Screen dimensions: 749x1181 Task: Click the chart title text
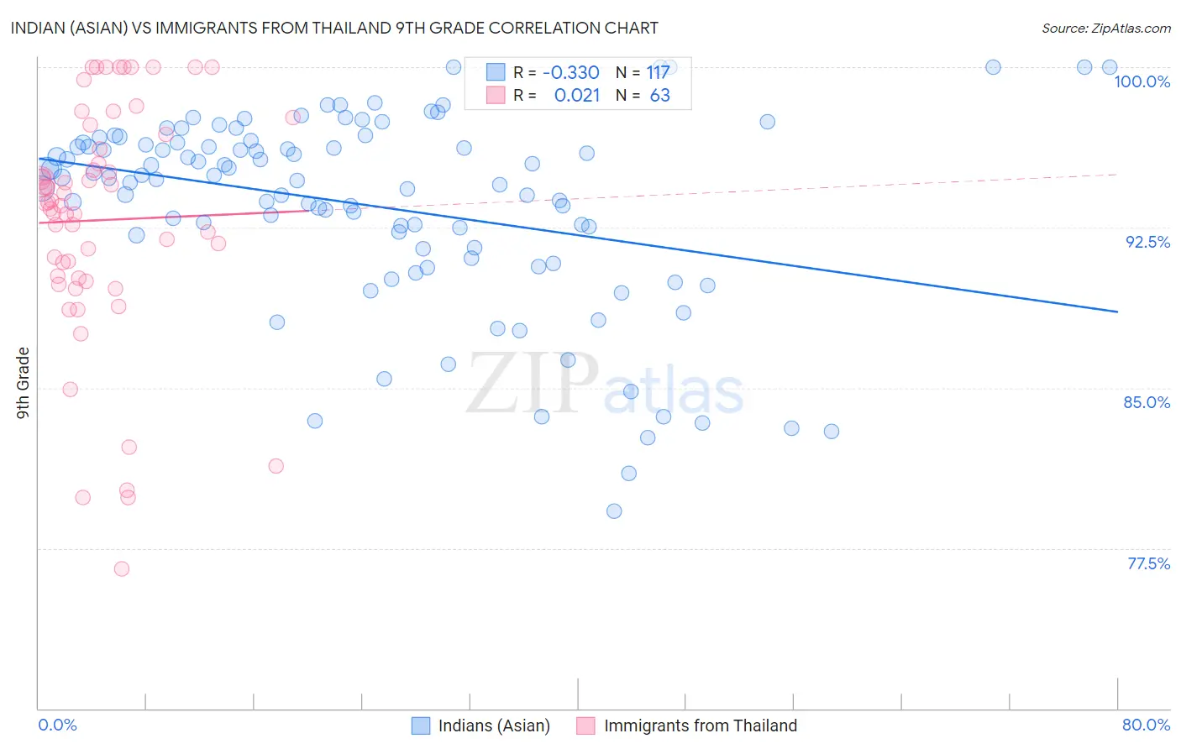(x=333, y=28)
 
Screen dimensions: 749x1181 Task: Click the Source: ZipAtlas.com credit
(x=1105, y=28)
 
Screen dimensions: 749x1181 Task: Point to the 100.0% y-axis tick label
(x=1142, y=81)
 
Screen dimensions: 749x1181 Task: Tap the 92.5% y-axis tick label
(x=1147, y=242)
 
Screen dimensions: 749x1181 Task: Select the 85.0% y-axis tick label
(x=1147, y=402)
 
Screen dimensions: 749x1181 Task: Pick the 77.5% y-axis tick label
(x=1148, y=563)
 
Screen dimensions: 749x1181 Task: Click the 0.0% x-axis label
(x=57, y=725)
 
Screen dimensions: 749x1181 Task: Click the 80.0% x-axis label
(x=1146, y=725)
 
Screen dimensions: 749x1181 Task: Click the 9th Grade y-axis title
(x=23, y=383)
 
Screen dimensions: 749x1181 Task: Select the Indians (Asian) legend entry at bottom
(x=480, y=725)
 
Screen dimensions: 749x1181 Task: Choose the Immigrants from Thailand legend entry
(x=687, y=725)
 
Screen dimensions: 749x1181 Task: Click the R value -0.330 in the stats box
(x=570, y=73)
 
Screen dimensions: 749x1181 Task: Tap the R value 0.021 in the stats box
(x=577, y=96)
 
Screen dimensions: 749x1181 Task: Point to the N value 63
(x=659, y=96)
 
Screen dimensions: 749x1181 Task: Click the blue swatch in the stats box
(x=496, y=73)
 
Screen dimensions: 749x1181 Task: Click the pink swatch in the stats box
(x=496, y=96)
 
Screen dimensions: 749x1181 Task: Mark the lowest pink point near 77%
(x=122, y=568)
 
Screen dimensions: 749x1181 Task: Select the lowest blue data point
(x=614, y=511)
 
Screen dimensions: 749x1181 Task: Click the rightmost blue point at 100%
(x=1110, y=67)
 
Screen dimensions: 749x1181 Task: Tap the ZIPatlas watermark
(x=605, y=385)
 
